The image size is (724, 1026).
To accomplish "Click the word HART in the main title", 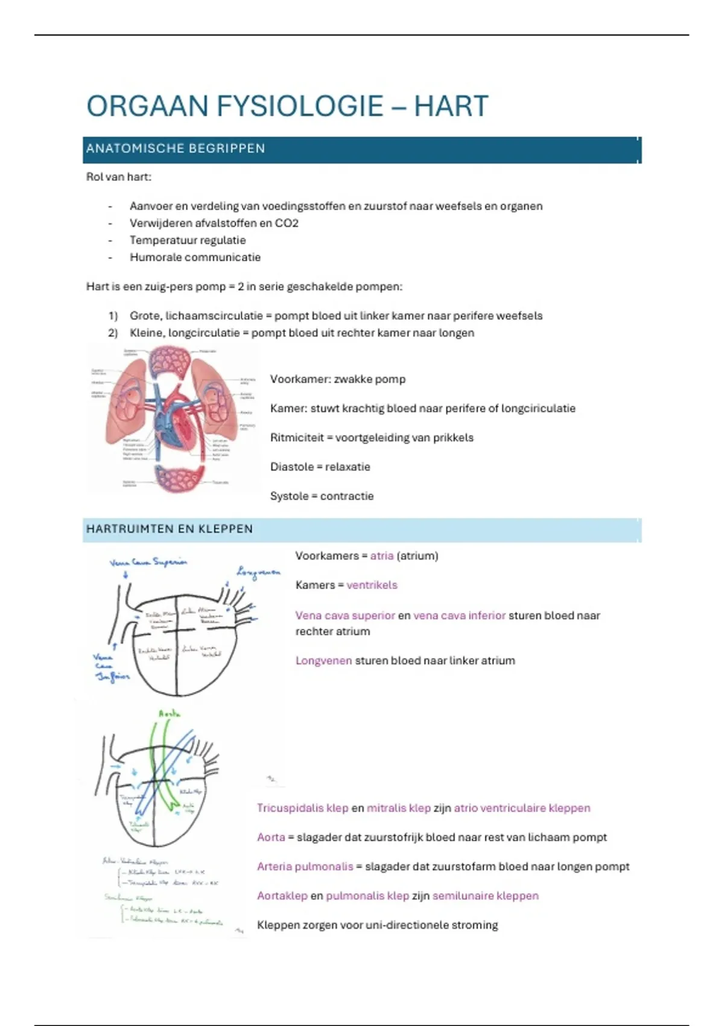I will point(451,106).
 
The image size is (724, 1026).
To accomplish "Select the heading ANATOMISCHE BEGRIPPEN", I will point(176,148).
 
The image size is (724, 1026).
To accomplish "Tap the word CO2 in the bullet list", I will point(287,223).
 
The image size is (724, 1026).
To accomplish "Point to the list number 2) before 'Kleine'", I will point(113,333).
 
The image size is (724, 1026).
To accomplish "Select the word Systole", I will point(289,496).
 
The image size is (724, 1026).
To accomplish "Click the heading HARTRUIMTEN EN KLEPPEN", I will point(170,529).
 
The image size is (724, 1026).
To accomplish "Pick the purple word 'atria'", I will point(381,556).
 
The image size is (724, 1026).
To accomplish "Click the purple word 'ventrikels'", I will point(372,585).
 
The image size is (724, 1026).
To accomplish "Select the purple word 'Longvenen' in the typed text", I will point(323,661).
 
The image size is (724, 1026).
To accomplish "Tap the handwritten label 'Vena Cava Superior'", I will point(148,562).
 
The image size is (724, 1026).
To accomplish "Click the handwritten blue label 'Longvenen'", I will point(258,572).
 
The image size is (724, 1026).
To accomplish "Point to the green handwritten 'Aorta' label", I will point(170,713).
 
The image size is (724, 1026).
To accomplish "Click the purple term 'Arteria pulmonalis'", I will point(305,867).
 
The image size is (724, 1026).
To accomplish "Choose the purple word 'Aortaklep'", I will point(282,896).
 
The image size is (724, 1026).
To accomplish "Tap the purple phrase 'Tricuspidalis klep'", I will point(302,808).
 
